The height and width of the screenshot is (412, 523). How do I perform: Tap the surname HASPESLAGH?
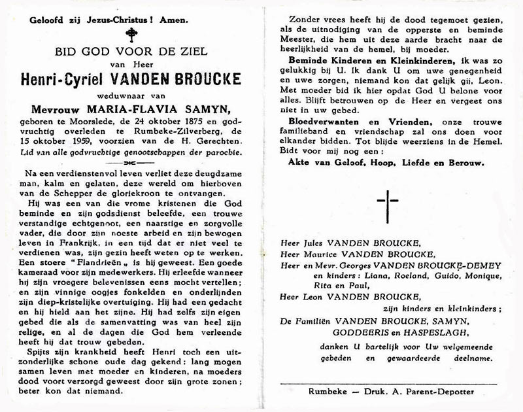click(424, 331)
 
